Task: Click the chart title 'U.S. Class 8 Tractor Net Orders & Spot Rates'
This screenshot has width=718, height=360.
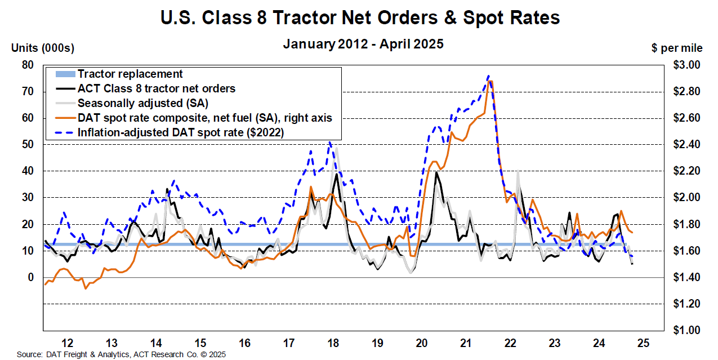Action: [x=360, y=18]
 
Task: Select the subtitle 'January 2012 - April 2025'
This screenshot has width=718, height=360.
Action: [x=363, y=43]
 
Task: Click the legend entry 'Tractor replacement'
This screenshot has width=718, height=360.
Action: [x=130, y=74]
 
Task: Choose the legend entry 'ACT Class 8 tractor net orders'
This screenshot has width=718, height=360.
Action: [x=157, y=88]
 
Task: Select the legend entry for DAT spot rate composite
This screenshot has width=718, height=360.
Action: [x=205, y=118]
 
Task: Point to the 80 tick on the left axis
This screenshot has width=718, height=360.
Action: [x=28, y=65]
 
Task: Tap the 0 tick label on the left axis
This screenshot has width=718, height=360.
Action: [x=30, y=277]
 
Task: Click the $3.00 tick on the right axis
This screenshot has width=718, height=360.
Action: [x=686, y=65]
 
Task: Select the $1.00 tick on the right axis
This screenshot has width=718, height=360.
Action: [x=686, y=330]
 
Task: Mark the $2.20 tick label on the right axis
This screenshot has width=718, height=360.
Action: [x=686, y=171]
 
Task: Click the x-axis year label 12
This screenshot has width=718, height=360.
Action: [x=67, y=343]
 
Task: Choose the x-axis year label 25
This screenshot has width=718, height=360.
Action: [x=643, y=343]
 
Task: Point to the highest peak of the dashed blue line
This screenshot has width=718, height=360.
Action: [x=488, y=76]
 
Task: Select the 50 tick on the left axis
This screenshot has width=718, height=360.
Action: [x=28, y=144]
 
